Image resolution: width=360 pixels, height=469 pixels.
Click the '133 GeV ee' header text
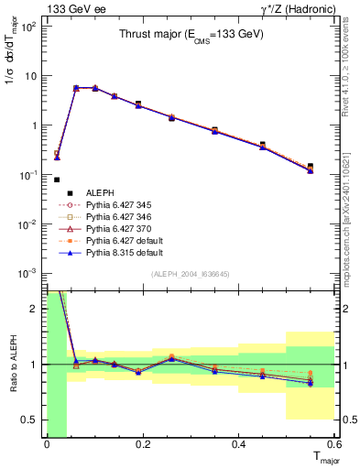[73, 9]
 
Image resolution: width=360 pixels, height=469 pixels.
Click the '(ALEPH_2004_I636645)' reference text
[191, 273]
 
